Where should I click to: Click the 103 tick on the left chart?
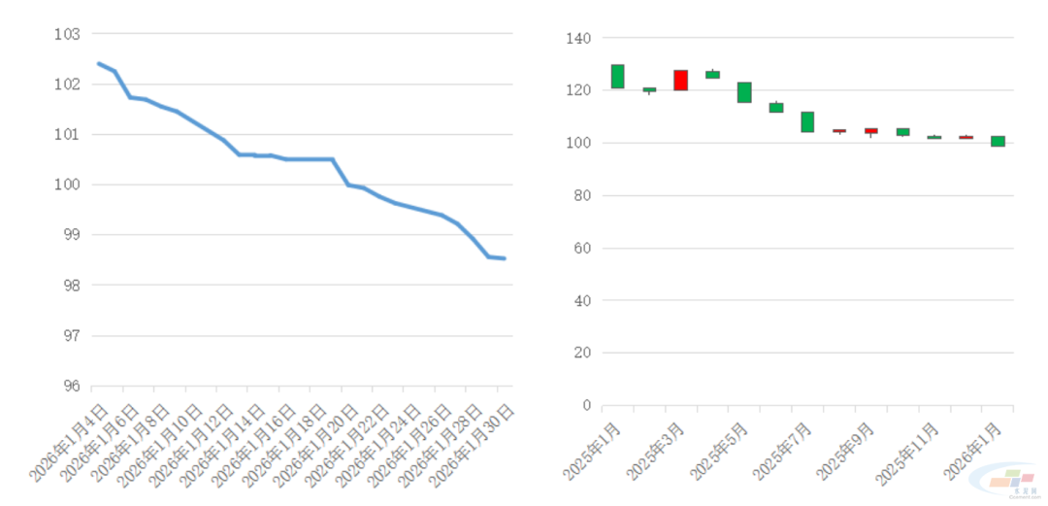66,34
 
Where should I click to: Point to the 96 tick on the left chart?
66,386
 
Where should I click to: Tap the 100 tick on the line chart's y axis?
66,185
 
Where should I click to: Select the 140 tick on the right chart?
578,39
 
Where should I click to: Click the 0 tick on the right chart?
585,405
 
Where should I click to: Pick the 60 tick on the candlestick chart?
581,249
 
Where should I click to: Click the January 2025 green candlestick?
617,76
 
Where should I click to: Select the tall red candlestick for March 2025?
680,80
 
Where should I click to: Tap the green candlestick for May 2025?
744,92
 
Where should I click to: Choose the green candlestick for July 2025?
807,121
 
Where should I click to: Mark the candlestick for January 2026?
998,141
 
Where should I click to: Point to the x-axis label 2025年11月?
908,452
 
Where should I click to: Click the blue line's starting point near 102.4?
98,63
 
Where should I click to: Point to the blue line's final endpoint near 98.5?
505,258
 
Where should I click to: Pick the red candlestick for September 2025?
870,130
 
